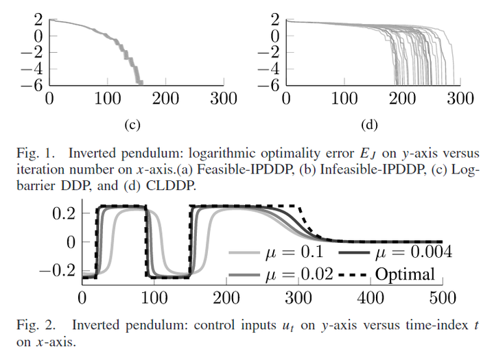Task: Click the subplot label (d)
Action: [369, 125]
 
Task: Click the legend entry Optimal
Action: [405, 275]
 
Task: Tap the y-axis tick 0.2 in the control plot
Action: [64, 213]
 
